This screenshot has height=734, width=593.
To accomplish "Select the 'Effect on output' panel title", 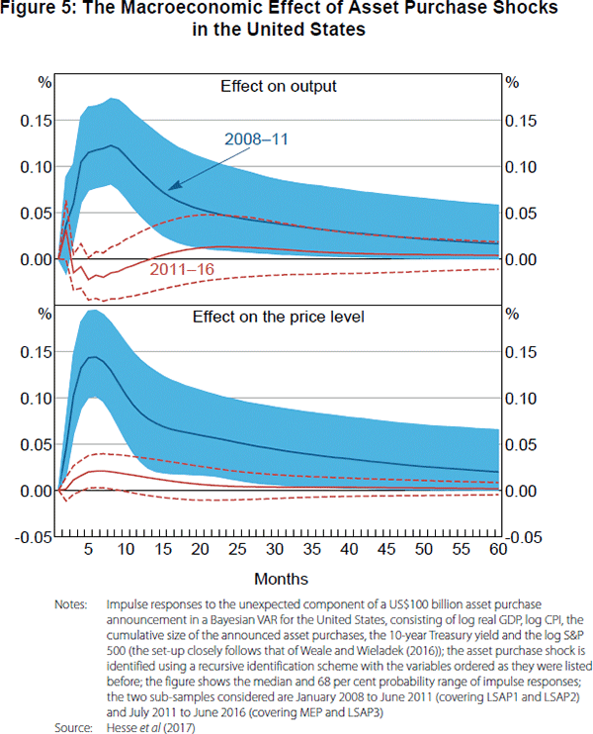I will pyautogui.click(x=278, y=86).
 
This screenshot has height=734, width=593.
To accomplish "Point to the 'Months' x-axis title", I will pyautogui.click(x=281, y=578).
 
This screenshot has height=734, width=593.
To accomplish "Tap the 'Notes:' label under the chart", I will pyautogui.click(x=79, y=601).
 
